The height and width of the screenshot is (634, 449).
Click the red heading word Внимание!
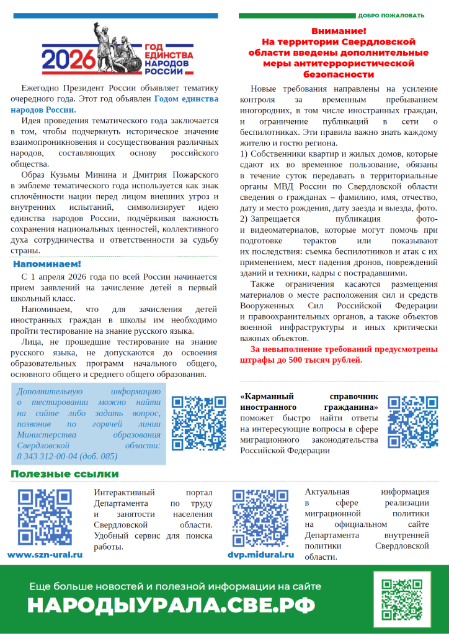pyautogui.click(x=339, y=30)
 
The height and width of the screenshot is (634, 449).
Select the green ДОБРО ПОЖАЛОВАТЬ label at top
pyautogui.click(x=391, y=15)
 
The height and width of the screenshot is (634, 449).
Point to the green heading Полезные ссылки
pyautogui.click(x=64, y=474)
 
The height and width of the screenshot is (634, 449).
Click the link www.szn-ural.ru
pyautogui.click(x=45, y=555)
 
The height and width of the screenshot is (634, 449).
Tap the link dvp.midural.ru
pyautogui.click(x=260, y=555)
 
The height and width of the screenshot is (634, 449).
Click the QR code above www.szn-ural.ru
pyautogui.click(x=45, y=518)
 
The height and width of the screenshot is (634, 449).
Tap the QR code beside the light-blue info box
pyautogui.click(x=199, y=423)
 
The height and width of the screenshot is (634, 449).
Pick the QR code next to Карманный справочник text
pyautogui.click(x=412, y=422)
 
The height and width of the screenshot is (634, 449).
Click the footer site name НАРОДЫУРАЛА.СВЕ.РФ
pyautogui.click(x=171, y=605)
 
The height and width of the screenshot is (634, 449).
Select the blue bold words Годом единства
pyautogui.click(x=186, y=98)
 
